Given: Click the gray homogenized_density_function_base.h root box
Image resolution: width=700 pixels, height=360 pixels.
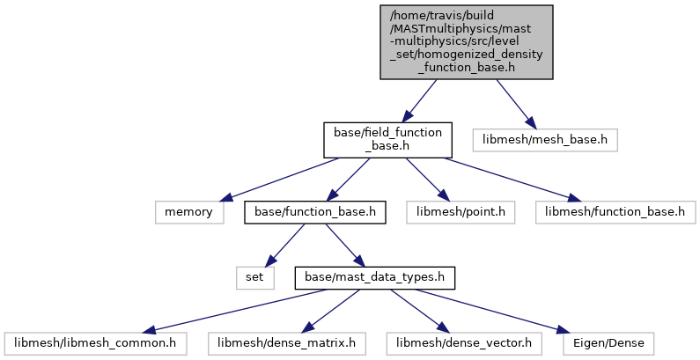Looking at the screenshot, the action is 467,42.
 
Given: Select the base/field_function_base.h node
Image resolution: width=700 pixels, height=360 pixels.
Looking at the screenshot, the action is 387,140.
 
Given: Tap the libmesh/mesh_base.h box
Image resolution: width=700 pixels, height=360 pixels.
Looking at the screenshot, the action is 545,140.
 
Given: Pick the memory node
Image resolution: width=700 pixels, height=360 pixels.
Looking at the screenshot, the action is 189,212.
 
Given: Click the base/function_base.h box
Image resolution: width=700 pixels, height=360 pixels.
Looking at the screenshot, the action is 314,212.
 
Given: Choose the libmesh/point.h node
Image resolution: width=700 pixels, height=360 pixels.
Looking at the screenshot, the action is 461,212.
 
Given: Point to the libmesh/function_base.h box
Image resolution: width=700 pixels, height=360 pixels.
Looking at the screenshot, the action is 615,212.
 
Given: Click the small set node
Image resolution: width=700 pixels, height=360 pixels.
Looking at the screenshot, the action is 255,278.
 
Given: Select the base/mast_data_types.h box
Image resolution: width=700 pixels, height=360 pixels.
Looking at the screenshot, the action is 374,278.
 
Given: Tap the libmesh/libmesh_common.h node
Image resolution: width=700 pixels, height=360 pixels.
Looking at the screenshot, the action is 95,343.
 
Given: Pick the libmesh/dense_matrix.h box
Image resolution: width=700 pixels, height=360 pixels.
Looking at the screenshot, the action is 287,343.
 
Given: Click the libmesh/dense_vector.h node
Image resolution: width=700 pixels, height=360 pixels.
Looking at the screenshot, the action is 464,343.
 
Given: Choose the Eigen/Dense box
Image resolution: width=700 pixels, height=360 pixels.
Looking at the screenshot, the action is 608,343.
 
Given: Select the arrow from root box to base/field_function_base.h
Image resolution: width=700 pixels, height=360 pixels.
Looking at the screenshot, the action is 419,101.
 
